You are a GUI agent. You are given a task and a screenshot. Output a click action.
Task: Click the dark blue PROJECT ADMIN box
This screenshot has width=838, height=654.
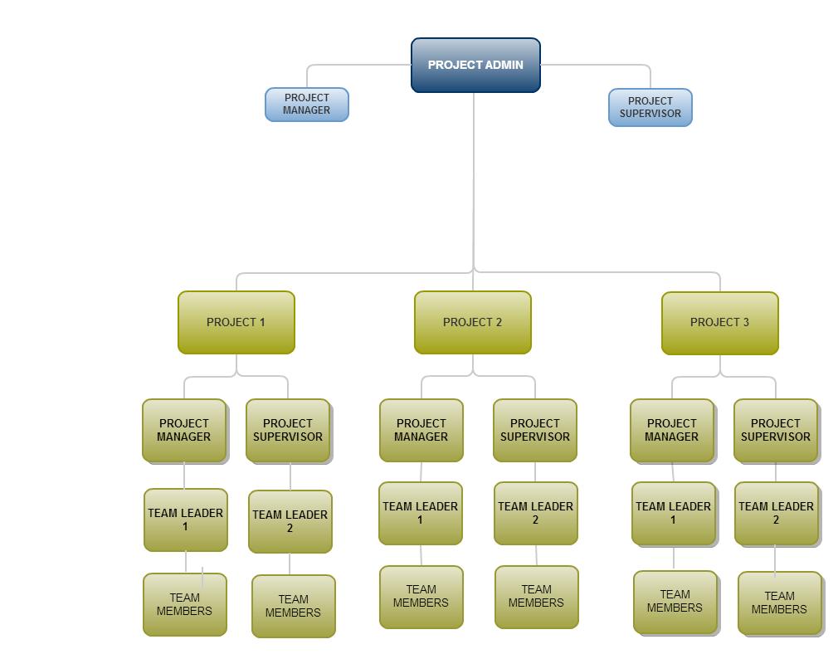click(475, 65)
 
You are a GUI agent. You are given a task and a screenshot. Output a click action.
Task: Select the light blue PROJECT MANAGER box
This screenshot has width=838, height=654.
click(307, 105)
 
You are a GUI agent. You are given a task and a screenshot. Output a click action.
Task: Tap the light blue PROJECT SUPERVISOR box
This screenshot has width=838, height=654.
click(650, 108)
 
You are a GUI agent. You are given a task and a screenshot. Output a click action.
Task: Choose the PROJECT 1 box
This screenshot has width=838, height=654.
click(236, 322)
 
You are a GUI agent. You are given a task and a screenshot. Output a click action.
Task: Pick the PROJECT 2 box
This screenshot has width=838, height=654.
click(472, 322)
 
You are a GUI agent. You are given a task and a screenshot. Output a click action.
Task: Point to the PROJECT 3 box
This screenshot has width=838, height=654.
click(719, 322)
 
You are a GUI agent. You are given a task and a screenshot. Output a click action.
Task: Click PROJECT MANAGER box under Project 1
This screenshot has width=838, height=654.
click(184, 430)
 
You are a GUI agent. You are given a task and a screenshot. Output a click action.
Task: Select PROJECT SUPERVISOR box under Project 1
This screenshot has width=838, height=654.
click(288, 430)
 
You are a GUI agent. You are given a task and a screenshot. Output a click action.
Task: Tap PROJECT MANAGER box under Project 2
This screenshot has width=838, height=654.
click(421, 430)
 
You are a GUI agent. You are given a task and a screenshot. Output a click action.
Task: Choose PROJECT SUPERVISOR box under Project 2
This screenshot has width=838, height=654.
click(535, 430)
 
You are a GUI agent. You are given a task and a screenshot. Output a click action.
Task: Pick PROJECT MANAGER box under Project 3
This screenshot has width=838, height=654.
click(672, 430)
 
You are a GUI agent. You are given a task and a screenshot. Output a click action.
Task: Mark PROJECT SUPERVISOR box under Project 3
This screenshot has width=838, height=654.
click(776, 430)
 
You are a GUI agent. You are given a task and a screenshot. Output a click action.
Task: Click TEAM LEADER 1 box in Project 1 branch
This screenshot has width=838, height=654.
click(186, 520)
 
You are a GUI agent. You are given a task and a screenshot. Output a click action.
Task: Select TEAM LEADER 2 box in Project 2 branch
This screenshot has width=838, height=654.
click(536, 513)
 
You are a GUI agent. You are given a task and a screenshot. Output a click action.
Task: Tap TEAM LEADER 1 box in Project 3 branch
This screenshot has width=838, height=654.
click(674, 513)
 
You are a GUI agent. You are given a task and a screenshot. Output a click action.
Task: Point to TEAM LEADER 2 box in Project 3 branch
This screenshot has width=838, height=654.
click(777, 513)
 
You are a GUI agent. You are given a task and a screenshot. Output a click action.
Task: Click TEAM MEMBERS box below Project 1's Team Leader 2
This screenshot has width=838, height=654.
click(293, 606)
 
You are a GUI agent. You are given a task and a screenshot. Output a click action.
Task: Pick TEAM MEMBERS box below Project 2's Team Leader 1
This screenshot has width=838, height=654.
click(421, 597)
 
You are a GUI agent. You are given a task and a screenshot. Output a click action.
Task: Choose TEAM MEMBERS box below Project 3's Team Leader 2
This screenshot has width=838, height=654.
click(779, 603)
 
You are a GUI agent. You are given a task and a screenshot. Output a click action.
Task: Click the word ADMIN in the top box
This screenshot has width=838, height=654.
click(504, 65)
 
